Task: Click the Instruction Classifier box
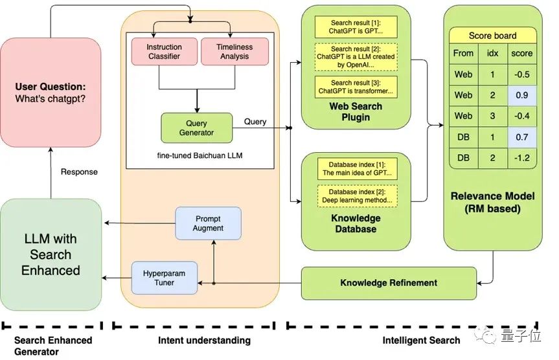pyautogui.click(x=163, y=52)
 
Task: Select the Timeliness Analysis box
pyautogui.click(x=234, y=52)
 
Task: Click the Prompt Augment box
pyautogui.click(x=208, y=223)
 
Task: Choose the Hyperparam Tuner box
pyautogui.click(x=164, y=278)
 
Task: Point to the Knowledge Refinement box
pyautogui.click(x=389, y=283)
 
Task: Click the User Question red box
pyautogui.click(x=51, y=93)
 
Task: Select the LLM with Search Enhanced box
pyautogui.click(x=51, y=254)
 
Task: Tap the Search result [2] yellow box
pyautogui.click(x=355, y=57)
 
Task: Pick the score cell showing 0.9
pyautogui.click(x=521, y=95)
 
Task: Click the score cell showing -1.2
pyautogui.click(x=521, y=157)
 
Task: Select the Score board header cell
pyautogui.click(x=492, y=36)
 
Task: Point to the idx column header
pyautogui.click(x=492, y=53)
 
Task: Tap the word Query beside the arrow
pyautogui.click(x=255, y=121)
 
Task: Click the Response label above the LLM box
pyautogui.click(x=79, y=172)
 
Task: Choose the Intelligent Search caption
pyautogui.click(x=421, y=340)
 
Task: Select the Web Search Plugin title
pyautogui.click(x=356, y=111)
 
